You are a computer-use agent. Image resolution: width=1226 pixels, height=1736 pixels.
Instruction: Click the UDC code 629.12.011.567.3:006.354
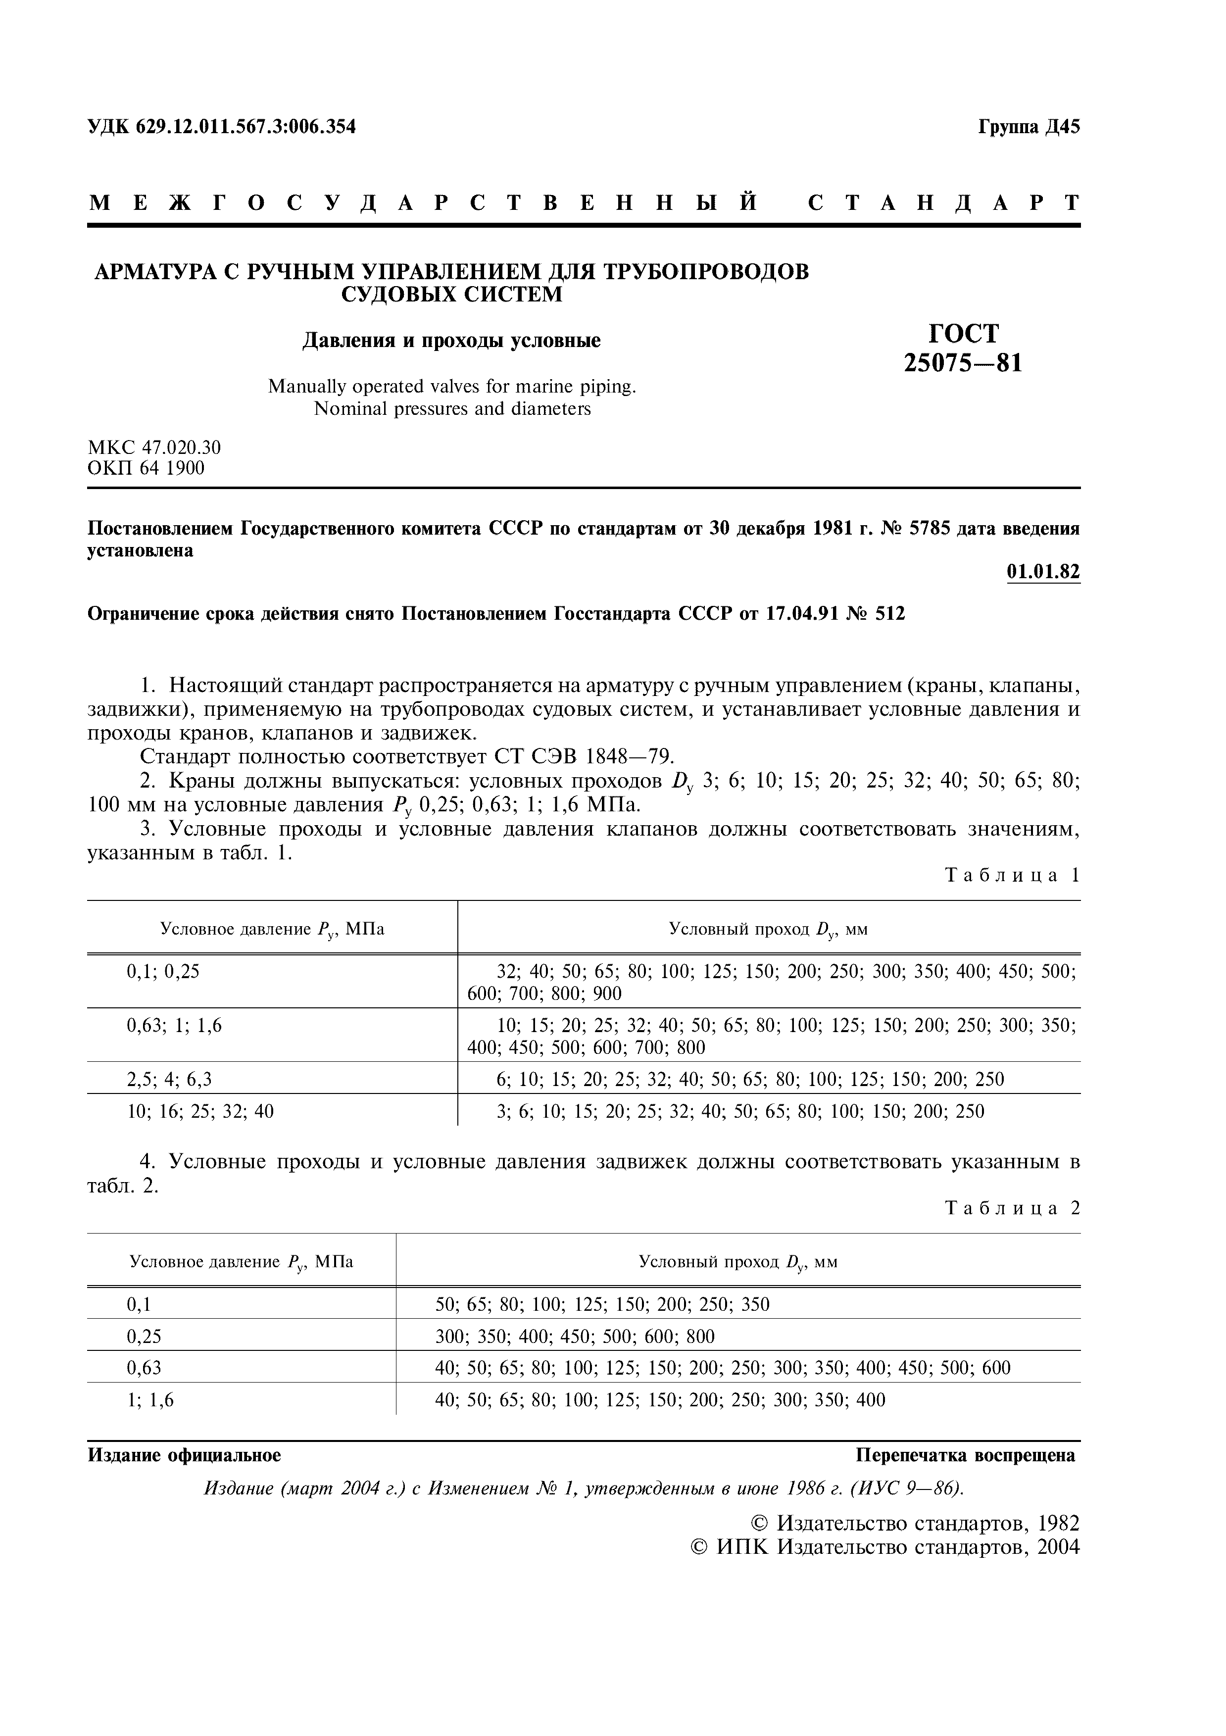click(x=245, y=127)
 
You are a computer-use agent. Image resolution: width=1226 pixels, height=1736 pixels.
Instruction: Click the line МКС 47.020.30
click(x=154, y=447)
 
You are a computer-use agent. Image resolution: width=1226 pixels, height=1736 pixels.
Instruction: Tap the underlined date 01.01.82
click(x=1043, y=572)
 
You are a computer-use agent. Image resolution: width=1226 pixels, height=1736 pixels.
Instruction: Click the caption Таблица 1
click(x=1012, y=876)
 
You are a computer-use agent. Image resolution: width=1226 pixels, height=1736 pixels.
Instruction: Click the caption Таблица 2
click(x=1012, y=1208)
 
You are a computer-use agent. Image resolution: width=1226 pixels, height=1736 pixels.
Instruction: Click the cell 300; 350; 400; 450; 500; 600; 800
click(x=575, y=1336)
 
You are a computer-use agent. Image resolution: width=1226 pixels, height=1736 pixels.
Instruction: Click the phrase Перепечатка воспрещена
click(x=965, y=1455)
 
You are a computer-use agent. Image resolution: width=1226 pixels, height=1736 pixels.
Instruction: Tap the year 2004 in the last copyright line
click(x=1058, y=1547)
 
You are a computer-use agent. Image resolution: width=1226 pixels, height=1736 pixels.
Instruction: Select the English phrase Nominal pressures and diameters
click(x=451, y=409)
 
